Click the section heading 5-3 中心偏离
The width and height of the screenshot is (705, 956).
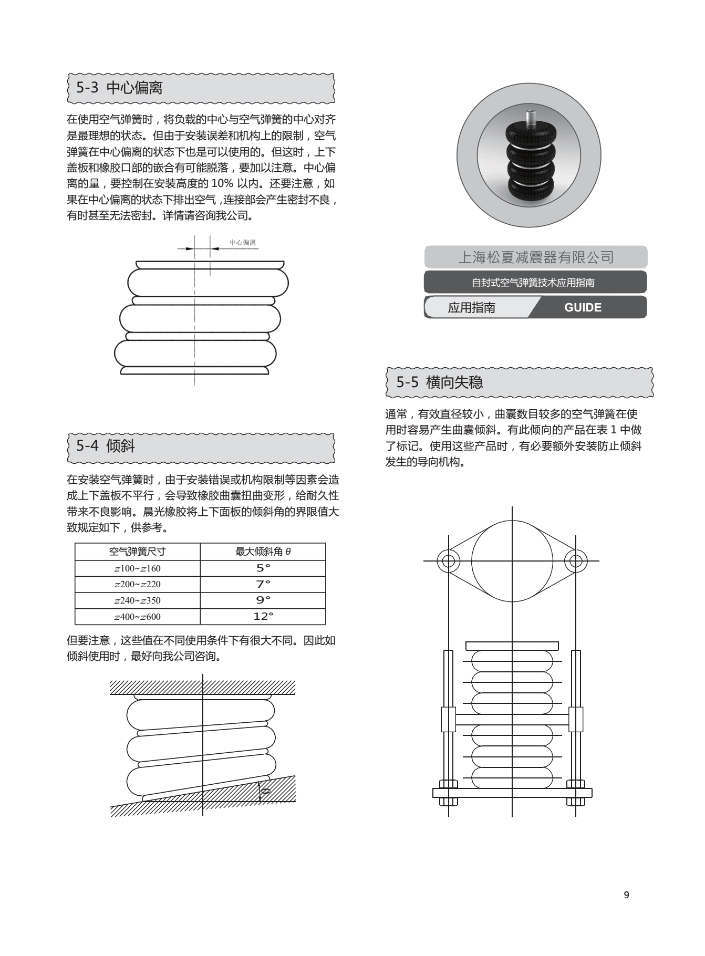pyautogui.click(x=119, y=88)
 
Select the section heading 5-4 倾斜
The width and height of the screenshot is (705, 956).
pyautogui.click(x=106, y=446)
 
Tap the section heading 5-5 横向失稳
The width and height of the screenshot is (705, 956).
pyautogui.click(x=440, y=382)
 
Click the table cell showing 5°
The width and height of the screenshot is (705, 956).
pyautogui.click(x=263, y=568)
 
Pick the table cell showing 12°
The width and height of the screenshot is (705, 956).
pyautogui.click(x=263, y=616)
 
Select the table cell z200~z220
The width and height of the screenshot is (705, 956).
pyautogui.click(x=138, y=584)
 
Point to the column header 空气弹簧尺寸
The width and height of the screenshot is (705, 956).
pyautogui.click(x=138, y=552)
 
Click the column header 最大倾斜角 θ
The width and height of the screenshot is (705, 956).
pyautogui.click(x=263, y=552)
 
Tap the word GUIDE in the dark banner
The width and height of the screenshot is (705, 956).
pyautogui.click(x=583, y=307)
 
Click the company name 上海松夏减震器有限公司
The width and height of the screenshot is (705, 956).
pyautogui.click(x=536, y=257)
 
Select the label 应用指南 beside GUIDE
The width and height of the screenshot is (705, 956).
pyautogui.click(x=471, y=307)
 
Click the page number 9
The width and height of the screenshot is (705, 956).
pyautogui.click(x=626, y=895)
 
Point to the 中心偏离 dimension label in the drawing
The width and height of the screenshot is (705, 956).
pyautogui.click(x=242, y=243)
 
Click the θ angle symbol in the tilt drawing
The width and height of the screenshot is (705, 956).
pyautogui.click(x=266, y=791)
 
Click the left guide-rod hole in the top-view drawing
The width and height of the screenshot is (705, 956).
pyautogui.click(x=448, y=560)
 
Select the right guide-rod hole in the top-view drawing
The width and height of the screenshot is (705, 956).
pyautogui.click(x=576, y=560)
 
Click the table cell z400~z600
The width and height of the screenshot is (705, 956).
pyautogui.click(x=138, y=617)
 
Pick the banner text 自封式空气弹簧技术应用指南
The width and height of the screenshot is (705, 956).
pyautogui.click(x=533, y=283)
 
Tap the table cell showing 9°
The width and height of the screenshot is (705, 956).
pyautogui.click(x=263, y=600)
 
